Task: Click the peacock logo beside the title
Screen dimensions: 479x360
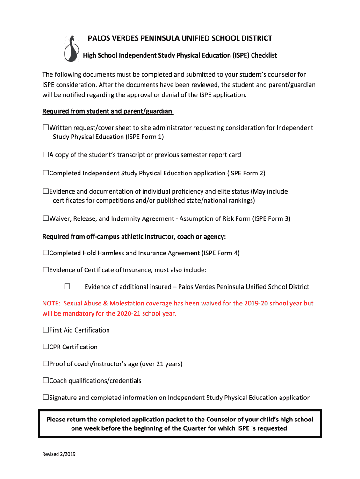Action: click(x=71, y=49)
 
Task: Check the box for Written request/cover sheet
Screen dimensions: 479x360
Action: click(x=46, y=128)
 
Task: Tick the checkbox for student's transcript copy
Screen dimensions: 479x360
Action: click(x=46, y=155)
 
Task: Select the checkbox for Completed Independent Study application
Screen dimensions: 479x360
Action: click(x=46, y=173)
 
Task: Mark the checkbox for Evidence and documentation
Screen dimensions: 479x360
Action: click(x=46, y=191)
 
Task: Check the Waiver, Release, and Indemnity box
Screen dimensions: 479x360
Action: click(x=46, y=218)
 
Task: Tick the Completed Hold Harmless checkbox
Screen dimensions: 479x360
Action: click(x=46, y=253)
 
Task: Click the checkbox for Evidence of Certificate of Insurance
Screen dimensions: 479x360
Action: click(x=46, y=270)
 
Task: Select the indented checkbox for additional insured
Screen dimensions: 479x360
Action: click(x=67, y=287)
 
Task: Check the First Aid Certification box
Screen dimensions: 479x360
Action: click(x=46, y=330)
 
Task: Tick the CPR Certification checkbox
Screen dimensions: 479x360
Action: click(x=46, y=347)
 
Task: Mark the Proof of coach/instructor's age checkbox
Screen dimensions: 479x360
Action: click(x=46, y=364)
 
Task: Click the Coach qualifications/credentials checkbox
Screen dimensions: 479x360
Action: click(x=46, y=381)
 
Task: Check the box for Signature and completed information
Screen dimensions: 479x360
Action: click(x=46, y=398)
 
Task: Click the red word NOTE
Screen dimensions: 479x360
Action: click(x=51, y=303)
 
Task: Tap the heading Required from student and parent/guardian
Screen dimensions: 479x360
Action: click(x=108, y=111)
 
